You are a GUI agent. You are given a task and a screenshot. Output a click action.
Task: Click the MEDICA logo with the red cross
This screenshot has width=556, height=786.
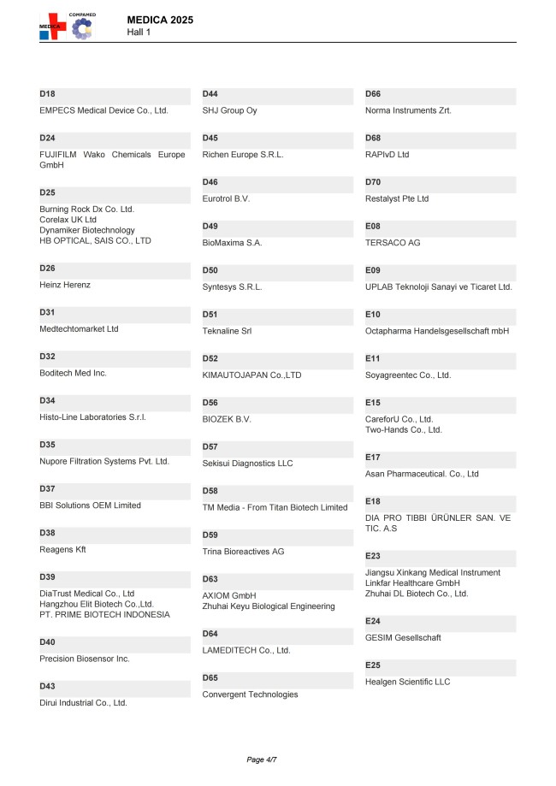pyautogui.click(x=53, y=27)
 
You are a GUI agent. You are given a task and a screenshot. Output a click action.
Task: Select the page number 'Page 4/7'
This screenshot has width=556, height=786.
pyautogui.click(x=262, y=759)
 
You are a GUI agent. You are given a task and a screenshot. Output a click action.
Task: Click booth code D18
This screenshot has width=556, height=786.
pyautogui.click(x=47, y=93)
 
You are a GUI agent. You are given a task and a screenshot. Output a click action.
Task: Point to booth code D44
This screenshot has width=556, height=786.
pyautogui.click(x=210, y=93)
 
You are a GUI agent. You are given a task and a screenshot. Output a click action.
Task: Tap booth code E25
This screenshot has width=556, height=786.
pyautogui.click(x=373, y=665)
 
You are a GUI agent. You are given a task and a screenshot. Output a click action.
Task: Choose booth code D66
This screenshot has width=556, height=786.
pyautogui.click(x=373, y=93)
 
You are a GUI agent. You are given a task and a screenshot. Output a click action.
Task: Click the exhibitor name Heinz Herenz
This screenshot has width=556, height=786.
pyautogui.click(x=65, y=285)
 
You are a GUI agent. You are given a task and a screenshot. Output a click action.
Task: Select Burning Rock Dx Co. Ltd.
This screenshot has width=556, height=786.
pyautogui.click(x=87, y=209)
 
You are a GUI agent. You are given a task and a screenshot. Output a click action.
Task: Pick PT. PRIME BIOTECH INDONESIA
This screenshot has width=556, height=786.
pyautogui.click(x=104, y=614)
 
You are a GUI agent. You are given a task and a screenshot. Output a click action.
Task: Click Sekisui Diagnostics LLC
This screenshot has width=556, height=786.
pyautogui.click(x=247, y=464)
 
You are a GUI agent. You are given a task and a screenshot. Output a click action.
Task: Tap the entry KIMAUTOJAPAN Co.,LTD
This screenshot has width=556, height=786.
pyautogui.click(x=251, y=375)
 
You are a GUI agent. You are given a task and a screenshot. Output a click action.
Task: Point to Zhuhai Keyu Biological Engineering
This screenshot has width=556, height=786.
pyautogui.click(x=269, y=606)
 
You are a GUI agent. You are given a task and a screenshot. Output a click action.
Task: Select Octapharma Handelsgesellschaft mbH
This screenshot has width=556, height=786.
pyautogui.click(x=437, y=331)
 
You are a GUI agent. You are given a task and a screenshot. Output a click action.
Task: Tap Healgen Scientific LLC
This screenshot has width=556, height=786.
pyautogui.click(x=407, y=682)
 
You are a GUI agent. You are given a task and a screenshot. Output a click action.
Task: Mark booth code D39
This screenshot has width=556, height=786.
pyautogui.click(x=47, y=576)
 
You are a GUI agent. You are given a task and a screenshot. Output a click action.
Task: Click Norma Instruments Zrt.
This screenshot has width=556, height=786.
pyautogui.click(x=408, y=110)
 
